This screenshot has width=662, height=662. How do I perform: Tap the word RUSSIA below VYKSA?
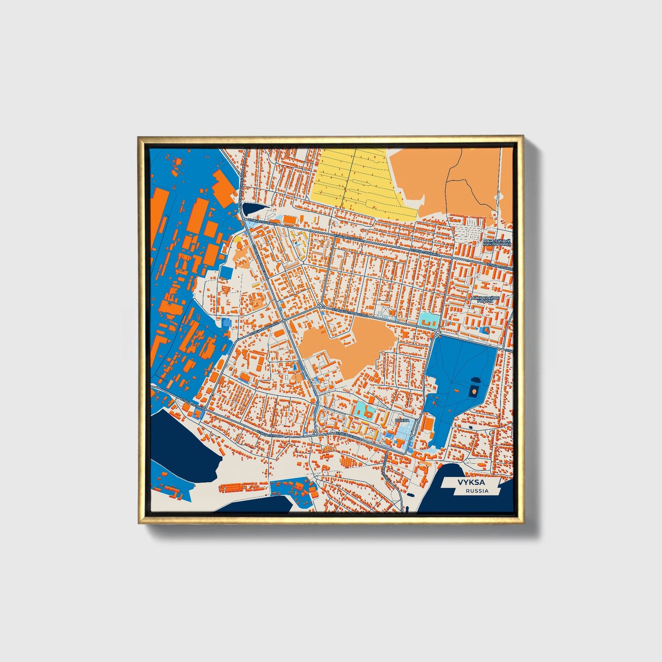(x=477, y=491)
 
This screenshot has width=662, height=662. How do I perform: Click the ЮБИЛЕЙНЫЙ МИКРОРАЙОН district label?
(x=496, y=242)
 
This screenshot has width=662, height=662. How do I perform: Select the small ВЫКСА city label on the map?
(x=402, y=420)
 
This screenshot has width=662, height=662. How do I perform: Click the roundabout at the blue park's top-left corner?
(x=438, y=332)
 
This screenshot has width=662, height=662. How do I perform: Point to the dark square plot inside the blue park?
(x=474, y=391)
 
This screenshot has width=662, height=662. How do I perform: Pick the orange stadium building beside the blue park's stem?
(x=427, y=423)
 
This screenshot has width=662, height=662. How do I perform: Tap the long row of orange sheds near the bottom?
(x=243, y=487)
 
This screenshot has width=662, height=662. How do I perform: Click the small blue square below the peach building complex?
(x=226, y=272)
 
